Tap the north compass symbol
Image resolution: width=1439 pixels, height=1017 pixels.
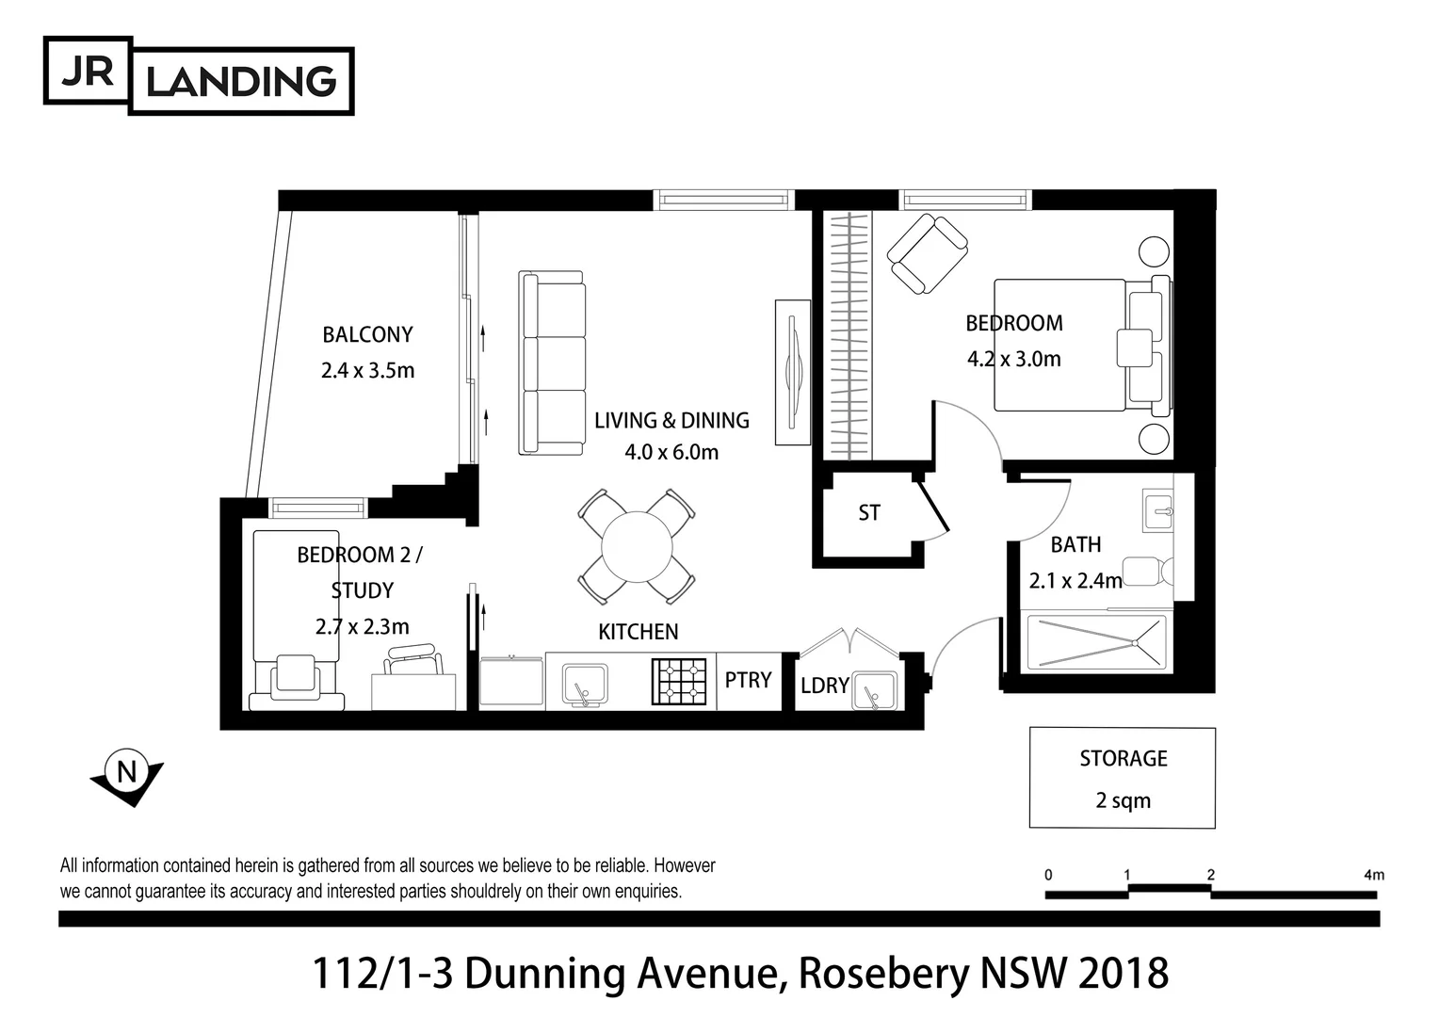point(125,775)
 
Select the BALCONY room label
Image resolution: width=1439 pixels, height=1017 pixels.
point(367,334)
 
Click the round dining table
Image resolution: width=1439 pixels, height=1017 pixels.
point(637,546)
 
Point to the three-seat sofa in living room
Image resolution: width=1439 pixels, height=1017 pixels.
point(552,363)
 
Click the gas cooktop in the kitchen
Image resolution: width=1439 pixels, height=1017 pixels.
point(679,682)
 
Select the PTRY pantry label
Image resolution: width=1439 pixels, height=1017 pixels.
point(748,680)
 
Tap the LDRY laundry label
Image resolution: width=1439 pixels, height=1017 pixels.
point(824,686)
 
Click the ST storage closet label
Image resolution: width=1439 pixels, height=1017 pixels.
point(868,513)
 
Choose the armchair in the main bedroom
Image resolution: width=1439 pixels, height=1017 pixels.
point(928,252)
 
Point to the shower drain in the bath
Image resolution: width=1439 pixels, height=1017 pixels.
point(1135,643)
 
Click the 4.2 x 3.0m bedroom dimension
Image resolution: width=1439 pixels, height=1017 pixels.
point(1013,359)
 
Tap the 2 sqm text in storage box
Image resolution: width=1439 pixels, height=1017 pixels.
point(1123,800)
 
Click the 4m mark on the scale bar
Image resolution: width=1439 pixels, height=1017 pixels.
point(1373,875)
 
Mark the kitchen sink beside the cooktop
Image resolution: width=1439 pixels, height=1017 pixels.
point(585,684)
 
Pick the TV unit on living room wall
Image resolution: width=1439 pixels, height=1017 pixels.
point(792,372)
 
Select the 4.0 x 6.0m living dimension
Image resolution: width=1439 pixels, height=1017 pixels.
point(671,452)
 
